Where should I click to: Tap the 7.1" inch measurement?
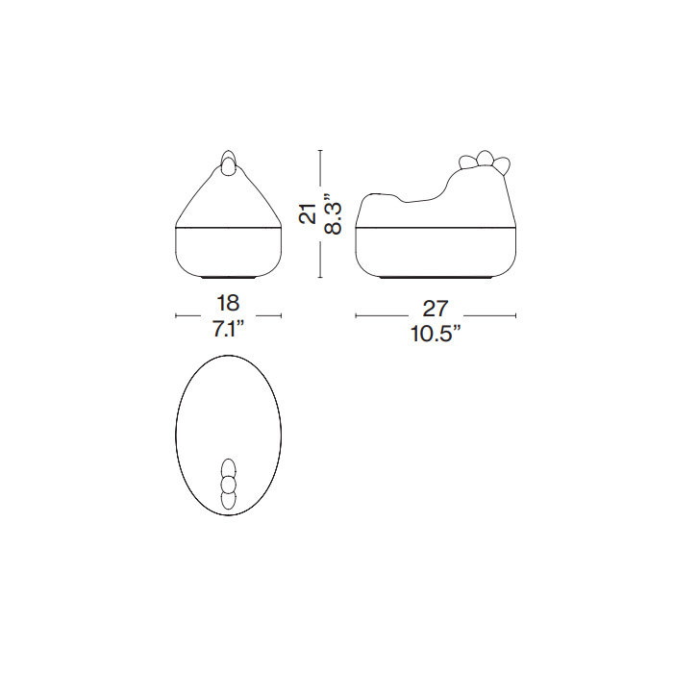(229, 329)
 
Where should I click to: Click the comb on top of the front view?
(229, 163)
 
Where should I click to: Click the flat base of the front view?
(229, 277)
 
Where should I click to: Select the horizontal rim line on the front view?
(229, 226)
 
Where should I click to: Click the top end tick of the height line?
(320, 151)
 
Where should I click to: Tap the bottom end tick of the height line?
(320, 278)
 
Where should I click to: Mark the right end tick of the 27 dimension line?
(516, 315)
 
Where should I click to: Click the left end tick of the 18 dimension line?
(176, 315)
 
